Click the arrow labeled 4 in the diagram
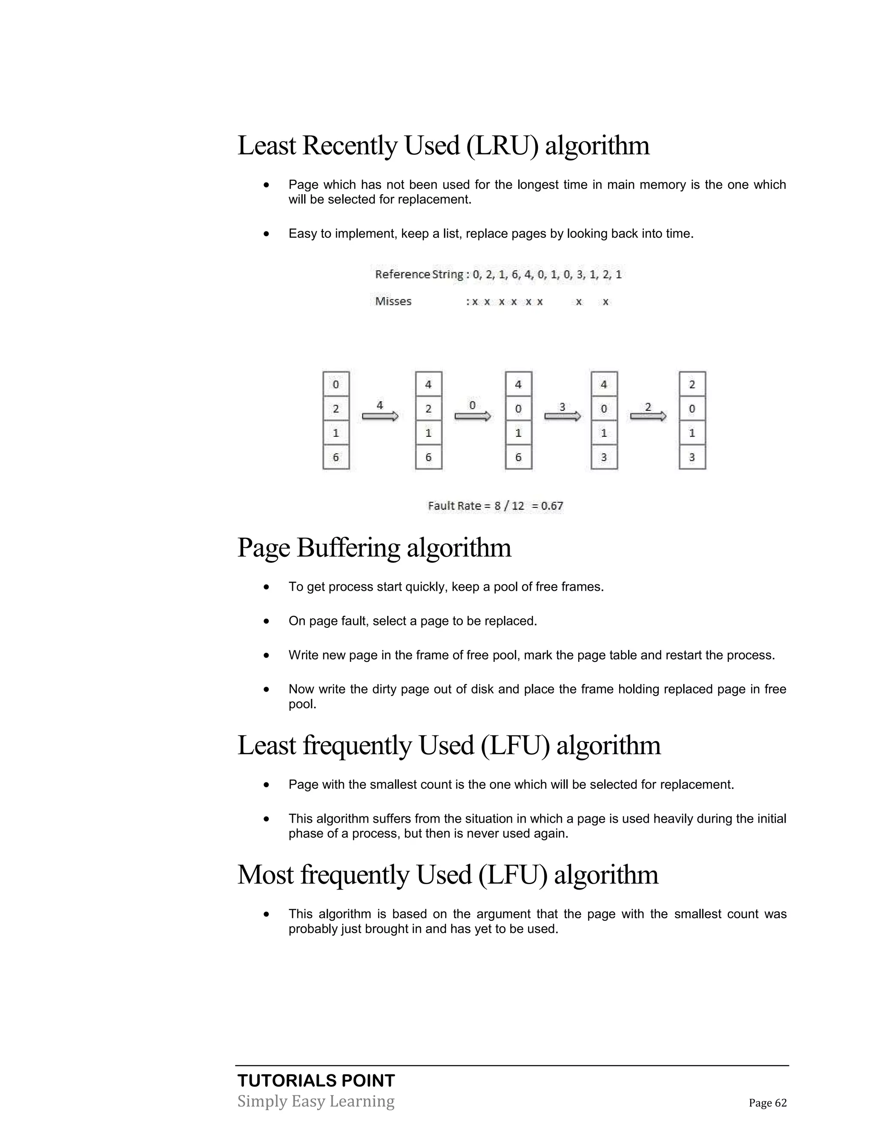(x=380, y=416)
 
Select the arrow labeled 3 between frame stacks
(x=562, y=416)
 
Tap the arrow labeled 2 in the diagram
(x=648, y=416)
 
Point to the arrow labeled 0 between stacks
(x=472, y=416)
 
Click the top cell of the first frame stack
(x=336, y=384)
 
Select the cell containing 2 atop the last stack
(x=692, y=384)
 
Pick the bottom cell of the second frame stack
(x=428, y=457)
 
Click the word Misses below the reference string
(x=393, y=301)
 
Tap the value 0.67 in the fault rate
(x=552, y=506)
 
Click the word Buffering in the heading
(x=348, y=547)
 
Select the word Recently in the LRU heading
(x=350, y=146)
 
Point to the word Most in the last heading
(x=265, y=875)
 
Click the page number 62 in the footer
(x=780, y=1103)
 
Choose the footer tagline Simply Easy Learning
(x=316, y=1101)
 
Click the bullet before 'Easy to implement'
(x=266, y=234)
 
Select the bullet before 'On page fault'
(x=266, y=621)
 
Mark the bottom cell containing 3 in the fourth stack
(x=604, y=457)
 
